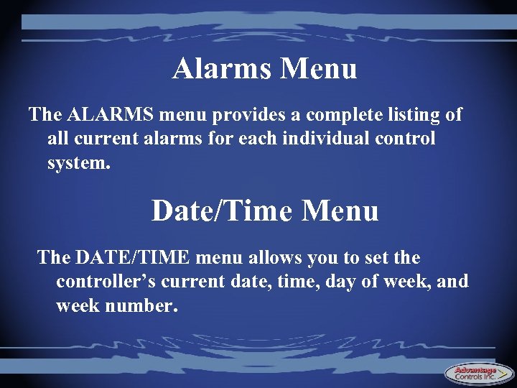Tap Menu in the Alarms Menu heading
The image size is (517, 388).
click(x=319, y=69)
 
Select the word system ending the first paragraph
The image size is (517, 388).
click(x=79, y=162)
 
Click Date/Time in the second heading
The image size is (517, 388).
click(x=223, y=211)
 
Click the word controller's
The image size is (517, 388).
click(x=106, y=281)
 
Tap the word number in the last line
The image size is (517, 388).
click(x=141, y=305)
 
